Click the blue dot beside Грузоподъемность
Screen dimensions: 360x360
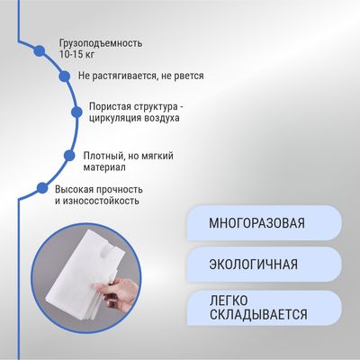(40, 51)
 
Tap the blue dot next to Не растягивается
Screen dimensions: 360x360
(64, 76)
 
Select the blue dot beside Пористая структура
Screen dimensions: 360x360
(77, 112)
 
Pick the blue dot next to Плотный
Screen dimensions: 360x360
(69, 156)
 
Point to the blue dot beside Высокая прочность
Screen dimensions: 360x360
(42, 188)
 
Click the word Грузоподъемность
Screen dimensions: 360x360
(101, 43)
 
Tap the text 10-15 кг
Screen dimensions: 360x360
(77, 55)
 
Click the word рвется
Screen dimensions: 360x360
(189, 76)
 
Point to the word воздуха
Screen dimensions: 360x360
(162, 118)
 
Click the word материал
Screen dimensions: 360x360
(104, 167)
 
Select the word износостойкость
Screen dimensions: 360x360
(101, 201)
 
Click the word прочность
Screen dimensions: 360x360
(120, 190)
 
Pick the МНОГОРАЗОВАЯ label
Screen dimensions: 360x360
(256, 223)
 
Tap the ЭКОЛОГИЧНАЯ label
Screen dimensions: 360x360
(254, 265)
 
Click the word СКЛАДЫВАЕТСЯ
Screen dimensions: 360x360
(258, 314)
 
